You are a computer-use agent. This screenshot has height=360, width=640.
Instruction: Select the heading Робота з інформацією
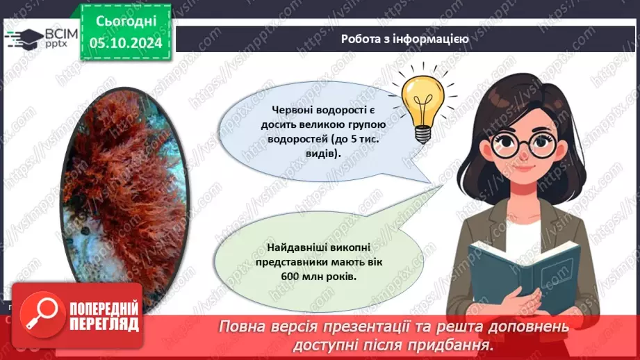pyautogui.click(x=405, y=39)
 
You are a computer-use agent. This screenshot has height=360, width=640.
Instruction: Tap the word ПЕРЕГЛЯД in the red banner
pyautogui.click(x=106, y=324)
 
